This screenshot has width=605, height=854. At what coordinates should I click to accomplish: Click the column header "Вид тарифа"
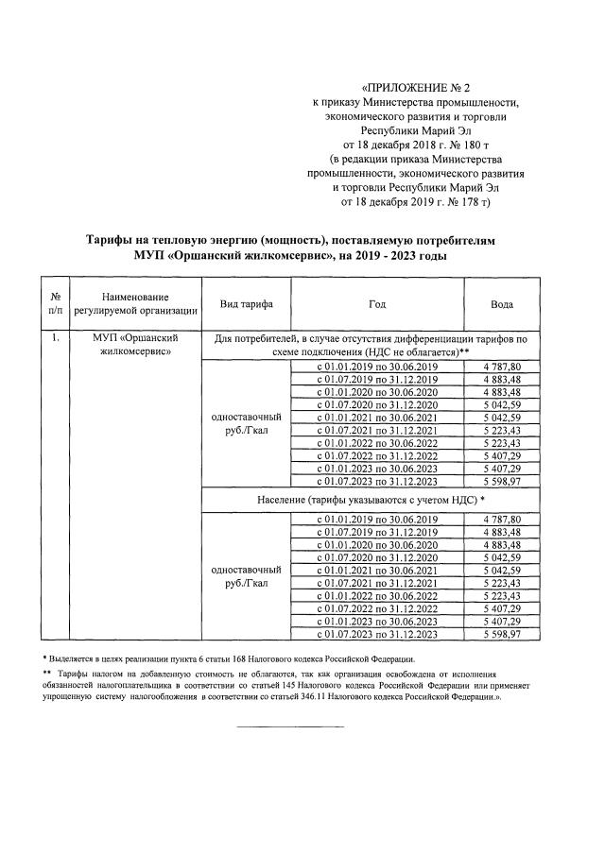click(247, 303)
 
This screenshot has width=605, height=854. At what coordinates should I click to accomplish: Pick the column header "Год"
click(377, 303)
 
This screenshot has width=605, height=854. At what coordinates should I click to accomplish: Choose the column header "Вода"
click(502, 303)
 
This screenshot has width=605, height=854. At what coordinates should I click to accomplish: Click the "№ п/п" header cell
click(56, 303)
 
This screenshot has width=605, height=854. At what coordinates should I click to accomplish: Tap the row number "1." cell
click(56, 337)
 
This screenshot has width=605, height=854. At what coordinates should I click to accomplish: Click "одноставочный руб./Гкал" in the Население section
click(247, 576)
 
